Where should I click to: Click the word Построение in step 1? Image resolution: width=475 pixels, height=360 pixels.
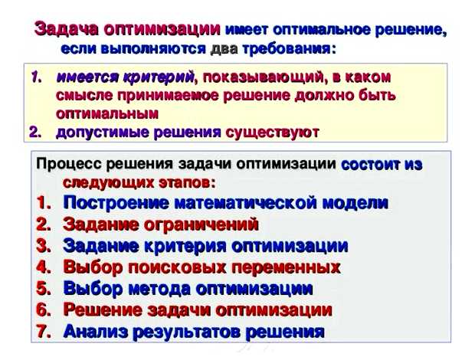116,203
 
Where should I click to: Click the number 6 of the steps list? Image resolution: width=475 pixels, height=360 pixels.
43,310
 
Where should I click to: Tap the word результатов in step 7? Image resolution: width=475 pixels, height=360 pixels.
192,332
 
